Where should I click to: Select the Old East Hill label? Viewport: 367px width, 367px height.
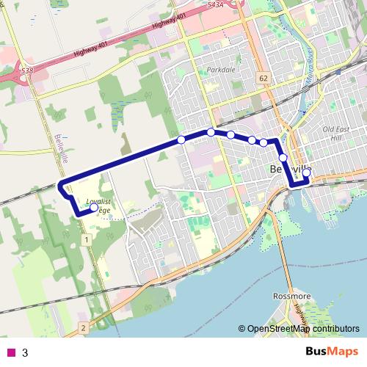(x=337, y=133)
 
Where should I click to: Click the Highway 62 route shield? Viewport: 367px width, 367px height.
(x=263, y=76)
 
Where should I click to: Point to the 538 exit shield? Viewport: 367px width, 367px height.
(x=26, y=70)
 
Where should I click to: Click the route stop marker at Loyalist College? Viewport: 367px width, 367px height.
(x=94, y=208)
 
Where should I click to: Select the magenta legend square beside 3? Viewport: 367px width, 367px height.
(x=11, y=352)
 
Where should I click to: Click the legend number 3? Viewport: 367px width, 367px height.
(x=25, y=352)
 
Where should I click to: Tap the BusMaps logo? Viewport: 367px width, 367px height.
(x=332, y=351)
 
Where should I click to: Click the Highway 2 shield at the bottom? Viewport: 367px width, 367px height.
(x=84, y=327)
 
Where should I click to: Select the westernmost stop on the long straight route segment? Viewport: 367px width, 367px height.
(x=181, y=139)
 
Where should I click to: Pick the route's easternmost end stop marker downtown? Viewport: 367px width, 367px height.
(x=307, y=172)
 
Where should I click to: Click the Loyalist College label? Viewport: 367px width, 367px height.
(x=98, y=205)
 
